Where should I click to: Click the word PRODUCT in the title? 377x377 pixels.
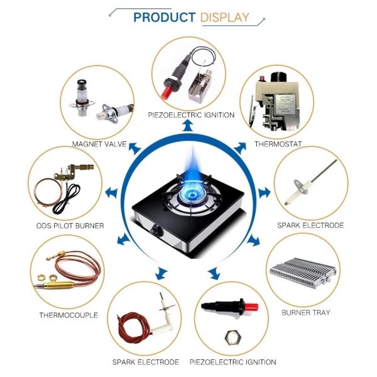[x=165, y=18]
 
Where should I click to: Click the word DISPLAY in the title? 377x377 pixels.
[x=224, y=18]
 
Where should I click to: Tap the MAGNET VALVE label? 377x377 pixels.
[x=99, y=144]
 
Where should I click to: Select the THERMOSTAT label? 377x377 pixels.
[x=278, y=144]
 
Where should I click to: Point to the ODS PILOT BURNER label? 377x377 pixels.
[x=70, y=226]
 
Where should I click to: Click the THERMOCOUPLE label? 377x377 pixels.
[x=68, y=315]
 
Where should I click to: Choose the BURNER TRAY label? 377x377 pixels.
[x=306, y=312]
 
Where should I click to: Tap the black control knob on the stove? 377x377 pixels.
[x=156, y=231]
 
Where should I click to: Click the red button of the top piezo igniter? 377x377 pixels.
[x=166, y=92]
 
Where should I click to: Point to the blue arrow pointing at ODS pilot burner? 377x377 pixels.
[x=111, y=193]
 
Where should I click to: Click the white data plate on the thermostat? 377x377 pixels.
[x=286, y=104]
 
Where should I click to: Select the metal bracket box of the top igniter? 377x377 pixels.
[x=200, y=87]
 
